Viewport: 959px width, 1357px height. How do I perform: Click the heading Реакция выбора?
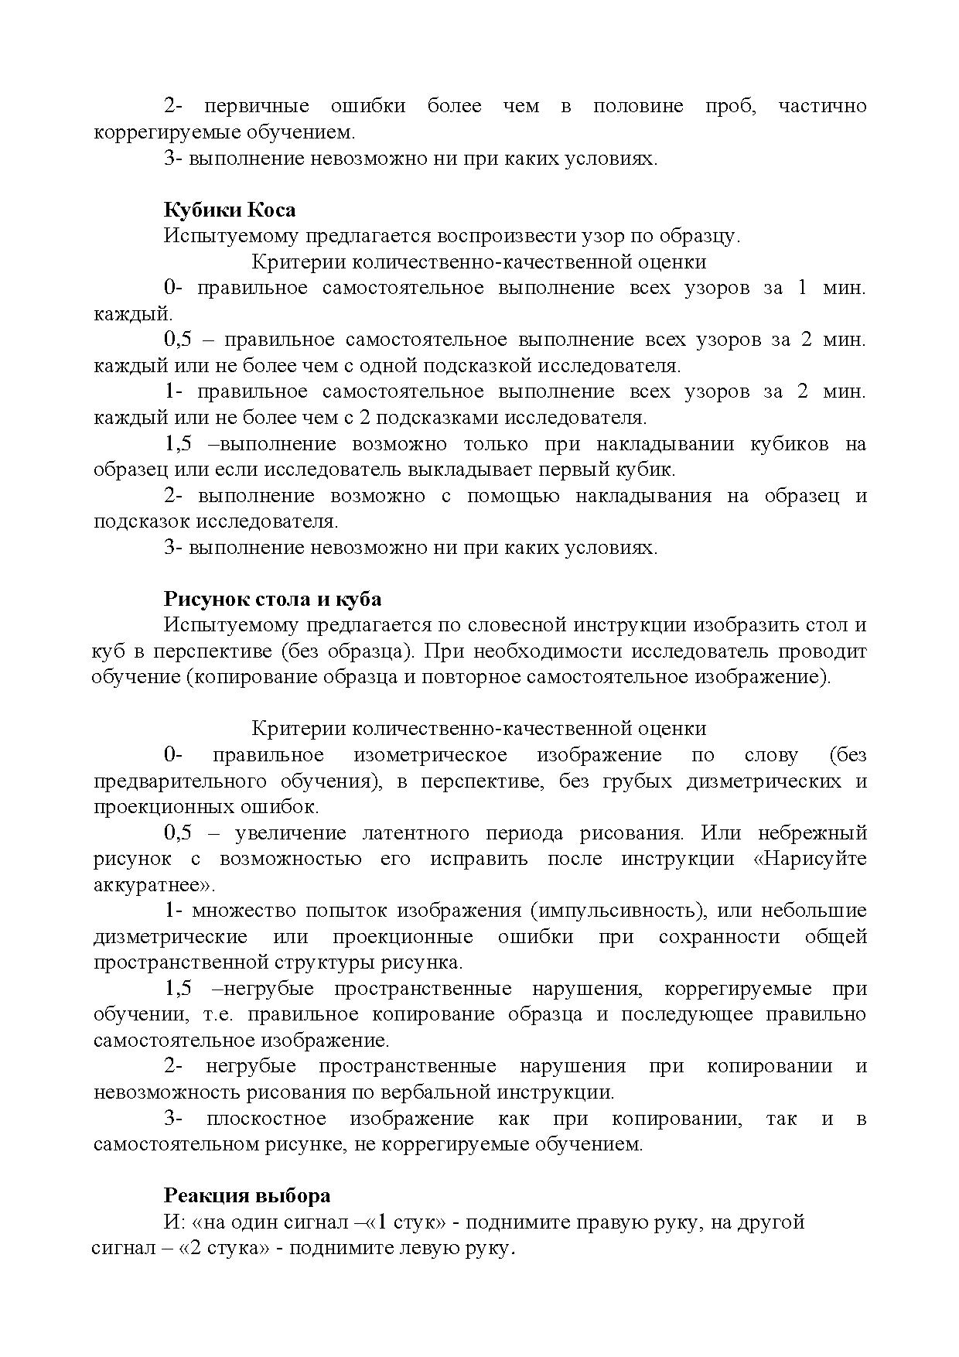[247, 1195]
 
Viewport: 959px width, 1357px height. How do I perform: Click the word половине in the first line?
[638, 106]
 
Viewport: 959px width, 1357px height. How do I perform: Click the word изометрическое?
[430, 754]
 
